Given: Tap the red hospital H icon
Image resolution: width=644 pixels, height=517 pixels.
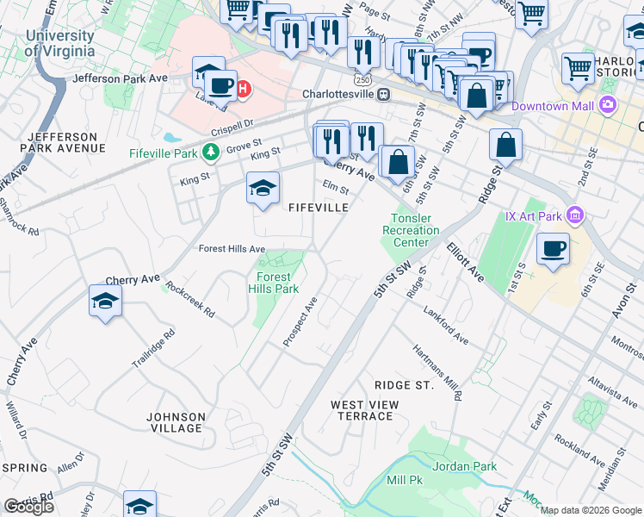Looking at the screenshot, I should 244,88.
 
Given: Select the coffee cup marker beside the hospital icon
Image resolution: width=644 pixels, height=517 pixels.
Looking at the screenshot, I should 221,87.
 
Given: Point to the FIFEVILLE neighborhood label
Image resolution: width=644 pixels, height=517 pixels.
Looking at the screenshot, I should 319,208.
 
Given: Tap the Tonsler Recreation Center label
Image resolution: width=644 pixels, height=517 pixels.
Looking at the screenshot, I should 415,230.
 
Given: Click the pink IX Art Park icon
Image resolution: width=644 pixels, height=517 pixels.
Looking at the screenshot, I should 576,215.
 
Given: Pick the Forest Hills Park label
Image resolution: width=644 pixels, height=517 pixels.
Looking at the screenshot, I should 274,283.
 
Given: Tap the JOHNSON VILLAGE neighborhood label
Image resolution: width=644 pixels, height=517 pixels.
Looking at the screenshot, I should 175,422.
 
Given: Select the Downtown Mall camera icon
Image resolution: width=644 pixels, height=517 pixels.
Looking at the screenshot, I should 609,106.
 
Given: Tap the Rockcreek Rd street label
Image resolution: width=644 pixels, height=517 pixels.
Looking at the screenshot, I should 189,299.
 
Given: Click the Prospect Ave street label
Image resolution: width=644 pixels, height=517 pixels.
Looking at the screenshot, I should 300,323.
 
